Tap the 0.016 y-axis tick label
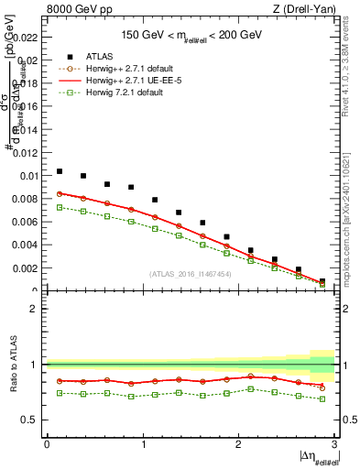tap(29, 106)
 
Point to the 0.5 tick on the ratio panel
tap(32, 420)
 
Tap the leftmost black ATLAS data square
tap(60, 171)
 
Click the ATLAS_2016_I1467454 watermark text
tap(189, 274)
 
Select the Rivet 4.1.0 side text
tap(351, 78)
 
